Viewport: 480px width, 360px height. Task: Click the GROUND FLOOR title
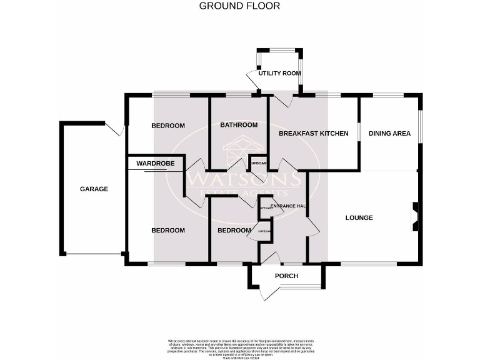click(x=239, y=6)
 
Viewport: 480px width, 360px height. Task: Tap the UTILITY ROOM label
click(x=279, y=73)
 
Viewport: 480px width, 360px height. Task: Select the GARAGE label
click(x=94, y=189)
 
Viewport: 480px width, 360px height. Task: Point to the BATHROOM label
click(x=239, y=125)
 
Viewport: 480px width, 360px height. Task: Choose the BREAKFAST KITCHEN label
click(x=313, y=133)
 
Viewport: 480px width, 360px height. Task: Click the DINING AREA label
click(x=389, y=133)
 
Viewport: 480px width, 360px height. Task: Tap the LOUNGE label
click(x=359, y=217)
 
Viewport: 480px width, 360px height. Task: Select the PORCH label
click(x=286, y=276)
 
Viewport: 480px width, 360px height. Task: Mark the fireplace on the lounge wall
click(x=414, y=217)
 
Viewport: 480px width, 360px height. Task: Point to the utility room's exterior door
click(x=252, y=79)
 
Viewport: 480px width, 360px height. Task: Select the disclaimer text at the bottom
click(x=239, y=346)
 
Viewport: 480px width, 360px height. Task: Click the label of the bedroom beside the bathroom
click(x=168, y=126)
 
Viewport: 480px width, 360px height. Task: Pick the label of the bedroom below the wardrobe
click(x=168, y=230)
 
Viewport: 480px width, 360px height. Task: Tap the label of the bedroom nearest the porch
click(x=233, y=230)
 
